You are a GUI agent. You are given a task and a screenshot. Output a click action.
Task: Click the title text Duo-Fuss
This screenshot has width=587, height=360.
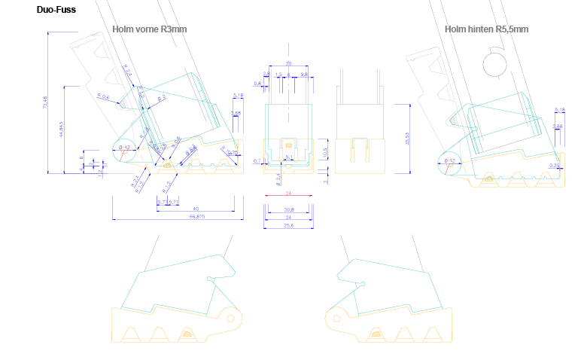pos(56,10)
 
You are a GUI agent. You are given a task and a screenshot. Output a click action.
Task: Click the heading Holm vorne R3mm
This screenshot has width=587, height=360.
pos(149,29)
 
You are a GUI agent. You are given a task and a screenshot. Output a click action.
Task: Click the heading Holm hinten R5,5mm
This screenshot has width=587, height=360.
pos(486,29)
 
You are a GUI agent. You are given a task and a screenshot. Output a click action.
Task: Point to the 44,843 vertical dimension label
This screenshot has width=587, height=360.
pos(61,130)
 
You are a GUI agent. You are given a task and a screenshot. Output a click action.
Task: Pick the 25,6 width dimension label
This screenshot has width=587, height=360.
pos(287,225)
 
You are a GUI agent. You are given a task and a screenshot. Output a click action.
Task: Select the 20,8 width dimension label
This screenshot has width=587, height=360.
pos(287,209)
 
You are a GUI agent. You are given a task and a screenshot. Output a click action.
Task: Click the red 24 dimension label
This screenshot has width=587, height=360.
pos(287,194)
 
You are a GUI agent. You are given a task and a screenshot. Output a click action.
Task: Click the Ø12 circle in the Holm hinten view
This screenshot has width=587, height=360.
pos(449,161)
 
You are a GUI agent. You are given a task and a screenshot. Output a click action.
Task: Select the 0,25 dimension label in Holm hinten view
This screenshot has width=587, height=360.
pos(555,165)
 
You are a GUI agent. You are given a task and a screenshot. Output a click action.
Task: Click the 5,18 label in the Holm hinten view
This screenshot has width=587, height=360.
pos(559,110)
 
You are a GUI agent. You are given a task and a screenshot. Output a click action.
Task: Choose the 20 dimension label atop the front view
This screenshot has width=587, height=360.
pos(287,64)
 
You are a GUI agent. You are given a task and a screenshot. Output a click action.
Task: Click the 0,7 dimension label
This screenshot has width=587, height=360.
pos(257,161)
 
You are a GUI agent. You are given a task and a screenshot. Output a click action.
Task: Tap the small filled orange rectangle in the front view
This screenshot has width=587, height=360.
pos(289,142)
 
